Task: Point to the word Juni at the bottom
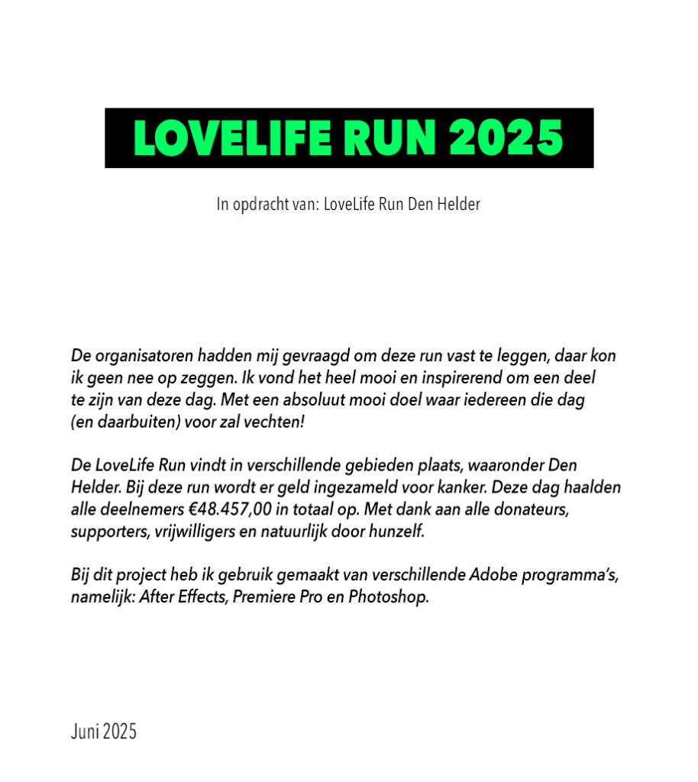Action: coord(85,731)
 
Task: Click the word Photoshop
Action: coord(389,596)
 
